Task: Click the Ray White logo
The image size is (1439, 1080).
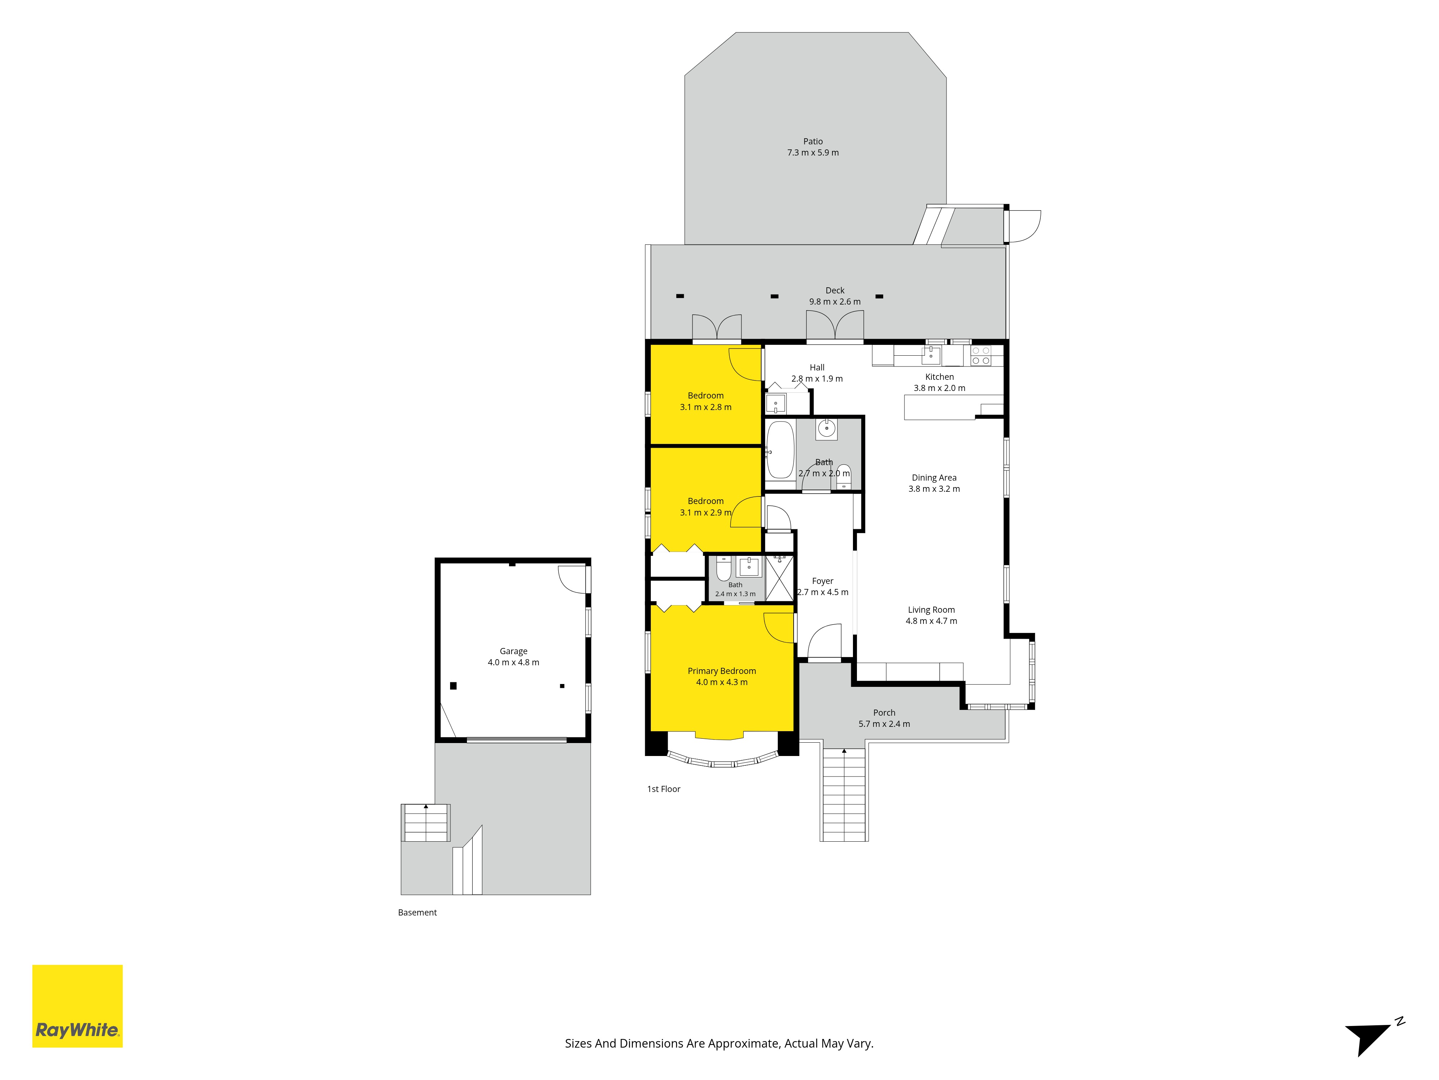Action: pos(77,1006)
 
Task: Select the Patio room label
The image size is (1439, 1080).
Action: pos(813,141)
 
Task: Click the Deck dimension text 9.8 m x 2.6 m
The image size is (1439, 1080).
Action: pos(835,301)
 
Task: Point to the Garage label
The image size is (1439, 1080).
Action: pos(513,651)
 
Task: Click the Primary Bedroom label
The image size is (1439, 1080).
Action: pos(721,671)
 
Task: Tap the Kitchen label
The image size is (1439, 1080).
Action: pos(939,377)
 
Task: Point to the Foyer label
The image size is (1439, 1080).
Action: pos(822,581)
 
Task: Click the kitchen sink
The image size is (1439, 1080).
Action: pos(931,355)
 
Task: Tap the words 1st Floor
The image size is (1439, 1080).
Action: pos(663,789)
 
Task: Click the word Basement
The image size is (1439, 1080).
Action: pos(417,913)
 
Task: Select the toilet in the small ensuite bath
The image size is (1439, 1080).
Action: pos(723,568)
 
